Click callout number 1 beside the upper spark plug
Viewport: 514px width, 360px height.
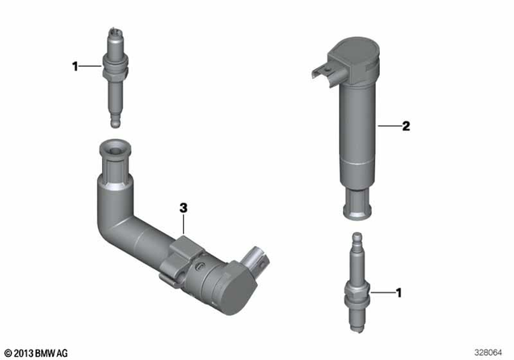pos(76,66)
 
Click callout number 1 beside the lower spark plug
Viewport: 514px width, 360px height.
pos(398,294)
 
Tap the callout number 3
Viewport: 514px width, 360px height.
pos(183,208)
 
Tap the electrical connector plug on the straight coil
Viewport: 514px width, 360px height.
pos(320,74)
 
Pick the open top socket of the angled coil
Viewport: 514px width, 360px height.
pos(112,150)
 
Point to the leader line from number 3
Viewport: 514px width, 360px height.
pos(183,225)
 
